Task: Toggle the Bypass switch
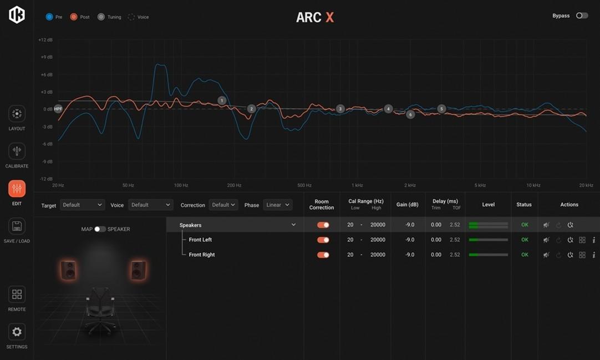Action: (581, 16)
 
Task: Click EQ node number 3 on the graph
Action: (340, 109)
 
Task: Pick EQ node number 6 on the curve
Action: (410, 115)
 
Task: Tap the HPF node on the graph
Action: (58, 109)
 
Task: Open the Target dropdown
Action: (82, 205)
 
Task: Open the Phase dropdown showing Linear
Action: (277, 205)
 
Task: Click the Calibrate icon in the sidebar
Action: (17, 151)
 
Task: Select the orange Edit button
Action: (17, 189)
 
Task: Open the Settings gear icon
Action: (17, 332)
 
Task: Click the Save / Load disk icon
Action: (17, 226)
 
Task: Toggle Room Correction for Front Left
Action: (323, 240)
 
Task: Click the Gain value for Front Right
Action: (410, 255)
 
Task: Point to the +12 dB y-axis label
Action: (45, 40)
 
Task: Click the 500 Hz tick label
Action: (304, 185)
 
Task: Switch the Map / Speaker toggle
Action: (100, 229)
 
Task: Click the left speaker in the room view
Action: (69, 270)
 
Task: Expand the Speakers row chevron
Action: (293, 225)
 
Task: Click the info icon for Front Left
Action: (593, 240)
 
